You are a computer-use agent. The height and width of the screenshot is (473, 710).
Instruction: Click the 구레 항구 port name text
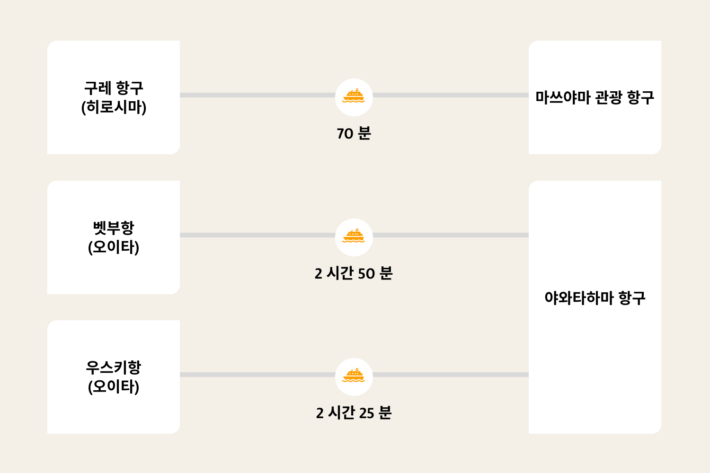[114, 88]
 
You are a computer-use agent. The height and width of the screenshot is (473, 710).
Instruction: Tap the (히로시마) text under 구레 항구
[114, 107]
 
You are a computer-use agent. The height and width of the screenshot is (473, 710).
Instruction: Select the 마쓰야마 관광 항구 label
[595, 97]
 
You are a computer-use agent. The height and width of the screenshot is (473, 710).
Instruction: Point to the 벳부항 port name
[114, 228]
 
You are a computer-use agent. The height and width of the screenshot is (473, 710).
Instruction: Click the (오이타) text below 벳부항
[114, 247]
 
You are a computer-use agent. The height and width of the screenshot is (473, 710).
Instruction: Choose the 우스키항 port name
[114, 368]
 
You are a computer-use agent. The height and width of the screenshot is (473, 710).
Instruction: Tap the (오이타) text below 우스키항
[114, 386]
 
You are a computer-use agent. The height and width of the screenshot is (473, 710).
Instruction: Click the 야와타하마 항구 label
[595, 298]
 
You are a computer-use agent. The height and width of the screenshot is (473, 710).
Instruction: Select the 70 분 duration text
[354, 133]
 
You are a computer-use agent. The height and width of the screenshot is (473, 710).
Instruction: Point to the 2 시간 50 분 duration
[354, 273]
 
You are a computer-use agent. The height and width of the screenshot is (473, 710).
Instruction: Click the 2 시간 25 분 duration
[354, 413]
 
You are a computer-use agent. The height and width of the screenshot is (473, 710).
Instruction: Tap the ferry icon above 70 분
[354, 96]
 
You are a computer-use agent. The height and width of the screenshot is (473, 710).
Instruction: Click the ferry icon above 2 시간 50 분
[354, 236]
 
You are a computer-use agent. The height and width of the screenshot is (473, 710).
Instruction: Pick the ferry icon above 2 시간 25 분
[354, 376]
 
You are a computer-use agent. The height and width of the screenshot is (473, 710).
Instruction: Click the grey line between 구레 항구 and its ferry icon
[257, 95]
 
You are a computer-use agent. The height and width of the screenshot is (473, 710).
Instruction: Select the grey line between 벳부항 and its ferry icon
[257, 235]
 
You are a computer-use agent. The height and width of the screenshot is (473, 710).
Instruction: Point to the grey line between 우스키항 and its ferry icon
[257, 375]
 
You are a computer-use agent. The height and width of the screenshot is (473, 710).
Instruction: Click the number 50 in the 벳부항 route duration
[366, 274]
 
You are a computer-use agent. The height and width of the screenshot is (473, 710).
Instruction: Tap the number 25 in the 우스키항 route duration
[366, 413]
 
